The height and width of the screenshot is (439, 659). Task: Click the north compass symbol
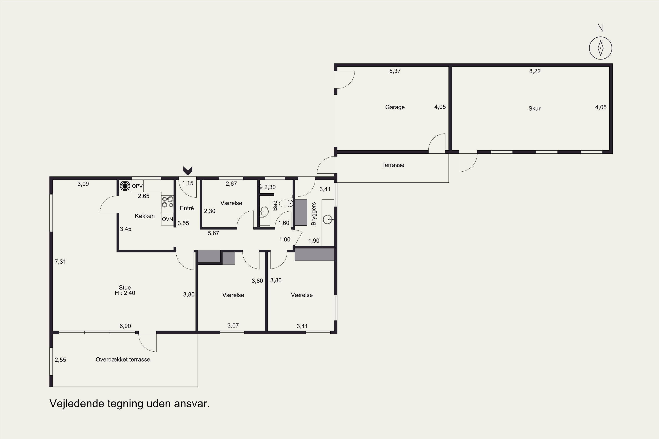pos(600,48)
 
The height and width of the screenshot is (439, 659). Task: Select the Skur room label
pos(534,108)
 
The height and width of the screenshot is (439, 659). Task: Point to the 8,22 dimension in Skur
pos(535,71)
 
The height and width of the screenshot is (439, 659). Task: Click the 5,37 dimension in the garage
pos(395,71)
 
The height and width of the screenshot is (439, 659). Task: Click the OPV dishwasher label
pos(137,186)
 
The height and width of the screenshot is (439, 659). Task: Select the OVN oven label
pos(167,219)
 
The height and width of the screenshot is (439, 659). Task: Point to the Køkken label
pos(145,216)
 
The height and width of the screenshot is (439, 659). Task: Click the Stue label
pos(125,287)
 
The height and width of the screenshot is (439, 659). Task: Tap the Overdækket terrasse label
pos(123,360)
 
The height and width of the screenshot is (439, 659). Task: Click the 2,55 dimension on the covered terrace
pos(60,360)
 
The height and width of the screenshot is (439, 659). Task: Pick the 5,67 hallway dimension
pos(213,233)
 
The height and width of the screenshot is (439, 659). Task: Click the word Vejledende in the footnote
pos(77,403)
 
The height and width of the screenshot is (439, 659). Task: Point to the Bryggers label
pos(313,214)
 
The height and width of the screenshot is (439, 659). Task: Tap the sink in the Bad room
pos(264,211)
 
